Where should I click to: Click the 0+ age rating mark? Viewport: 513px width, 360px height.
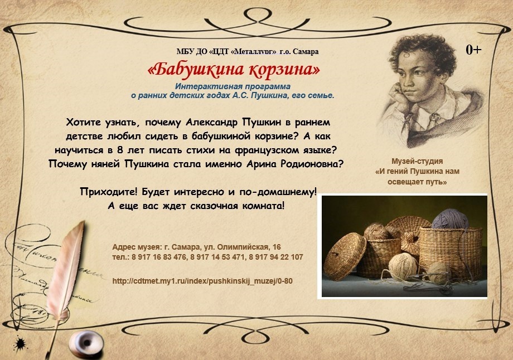(x=473, y=50)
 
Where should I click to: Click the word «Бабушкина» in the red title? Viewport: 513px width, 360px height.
(x=196, y=69)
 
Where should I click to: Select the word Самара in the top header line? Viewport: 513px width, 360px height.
(x=306, y=51)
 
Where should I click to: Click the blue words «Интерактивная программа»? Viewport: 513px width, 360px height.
(x=233, y=86)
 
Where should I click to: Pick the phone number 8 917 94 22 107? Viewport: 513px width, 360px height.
(x=276, y=257)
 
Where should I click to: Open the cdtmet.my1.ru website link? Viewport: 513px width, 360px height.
(x=202, y=281)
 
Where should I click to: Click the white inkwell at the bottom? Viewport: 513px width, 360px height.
(x=86, y=344)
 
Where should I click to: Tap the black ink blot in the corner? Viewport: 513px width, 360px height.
(x=20, y=344)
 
